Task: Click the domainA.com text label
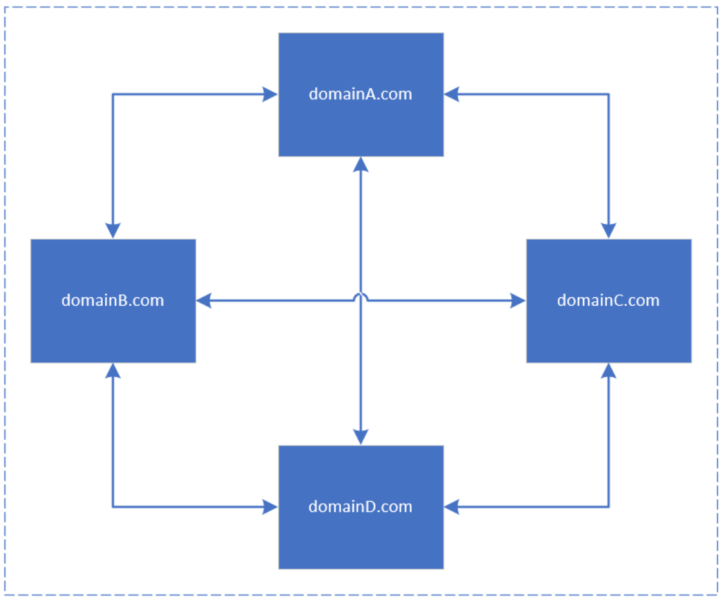(360, 94)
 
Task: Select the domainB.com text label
(112, 300)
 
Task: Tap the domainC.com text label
(608, 300)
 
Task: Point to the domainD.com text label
(360, 507)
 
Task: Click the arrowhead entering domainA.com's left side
(270, 94)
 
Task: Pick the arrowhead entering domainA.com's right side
(452, 94)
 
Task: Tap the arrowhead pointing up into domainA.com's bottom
(361, 164)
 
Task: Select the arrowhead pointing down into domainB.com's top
(113, 231)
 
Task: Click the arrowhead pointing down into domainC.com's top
(609, 231)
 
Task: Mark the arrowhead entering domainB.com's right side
(204, 300)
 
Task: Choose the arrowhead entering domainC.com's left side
(518, 300)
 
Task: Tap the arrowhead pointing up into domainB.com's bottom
(113, 371)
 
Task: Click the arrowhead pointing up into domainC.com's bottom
(609, 371)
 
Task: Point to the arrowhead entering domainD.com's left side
(270, 507)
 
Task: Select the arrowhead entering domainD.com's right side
(452, 507)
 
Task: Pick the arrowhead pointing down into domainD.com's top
(361, 437)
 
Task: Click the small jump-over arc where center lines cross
(361, 297)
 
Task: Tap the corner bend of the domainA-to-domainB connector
(113, 94)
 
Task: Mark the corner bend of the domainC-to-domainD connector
(609, 507)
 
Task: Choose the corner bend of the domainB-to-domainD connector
(113, 507)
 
